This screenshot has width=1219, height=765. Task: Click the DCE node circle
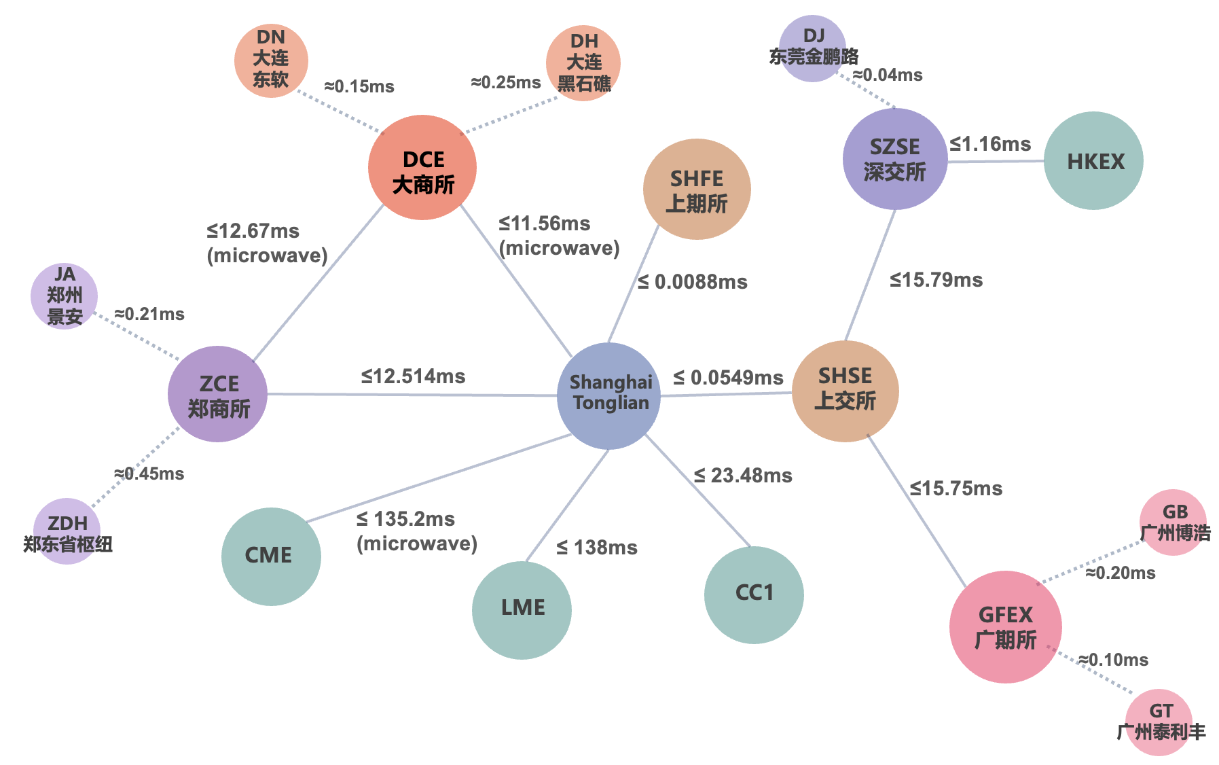click(422, 168)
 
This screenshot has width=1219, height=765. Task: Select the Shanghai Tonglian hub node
click(608, 395)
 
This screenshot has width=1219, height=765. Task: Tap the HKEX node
click(1093, 161)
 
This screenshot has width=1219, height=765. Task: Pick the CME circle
click(271, 556)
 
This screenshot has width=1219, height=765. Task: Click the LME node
click(522, 609)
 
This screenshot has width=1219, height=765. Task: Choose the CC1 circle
click(754, 594)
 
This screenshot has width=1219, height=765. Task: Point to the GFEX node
click(1005, 626)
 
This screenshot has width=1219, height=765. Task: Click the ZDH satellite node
click(67, 531)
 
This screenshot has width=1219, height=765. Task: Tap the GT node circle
click(1159, 722)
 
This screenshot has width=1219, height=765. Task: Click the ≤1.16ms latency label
click(990, 144)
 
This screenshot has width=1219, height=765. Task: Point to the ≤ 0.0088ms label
click(693, 282)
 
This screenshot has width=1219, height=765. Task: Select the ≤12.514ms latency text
click(413, 376)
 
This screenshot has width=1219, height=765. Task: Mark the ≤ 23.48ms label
click(743, 476)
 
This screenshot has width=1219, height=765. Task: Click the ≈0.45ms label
click(149, 474)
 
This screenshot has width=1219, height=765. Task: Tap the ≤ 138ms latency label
click(597, 548)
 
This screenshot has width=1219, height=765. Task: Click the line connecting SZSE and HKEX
click(996, 162)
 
